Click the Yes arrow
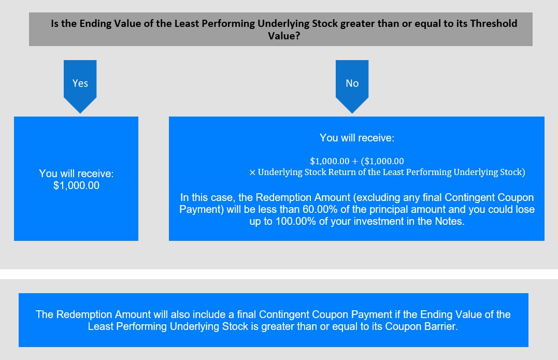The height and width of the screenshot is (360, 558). click(80, 86)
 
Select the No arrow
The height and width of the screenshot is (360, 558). click(352, 86)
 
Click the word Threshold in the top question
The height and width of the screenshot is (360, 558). click(494, 23)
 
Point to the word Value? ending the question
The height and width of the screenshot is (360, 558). click(284, 36)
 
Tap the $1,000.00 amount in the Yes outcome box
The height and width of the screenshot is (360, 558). click(76, 185)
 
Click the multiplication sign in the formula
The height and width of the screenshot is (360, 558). click(252, 172)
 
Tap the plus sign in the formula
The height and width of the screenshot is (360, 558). click(355, 161)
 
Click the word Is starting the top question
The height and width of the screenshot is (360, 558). click(54, 23)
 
